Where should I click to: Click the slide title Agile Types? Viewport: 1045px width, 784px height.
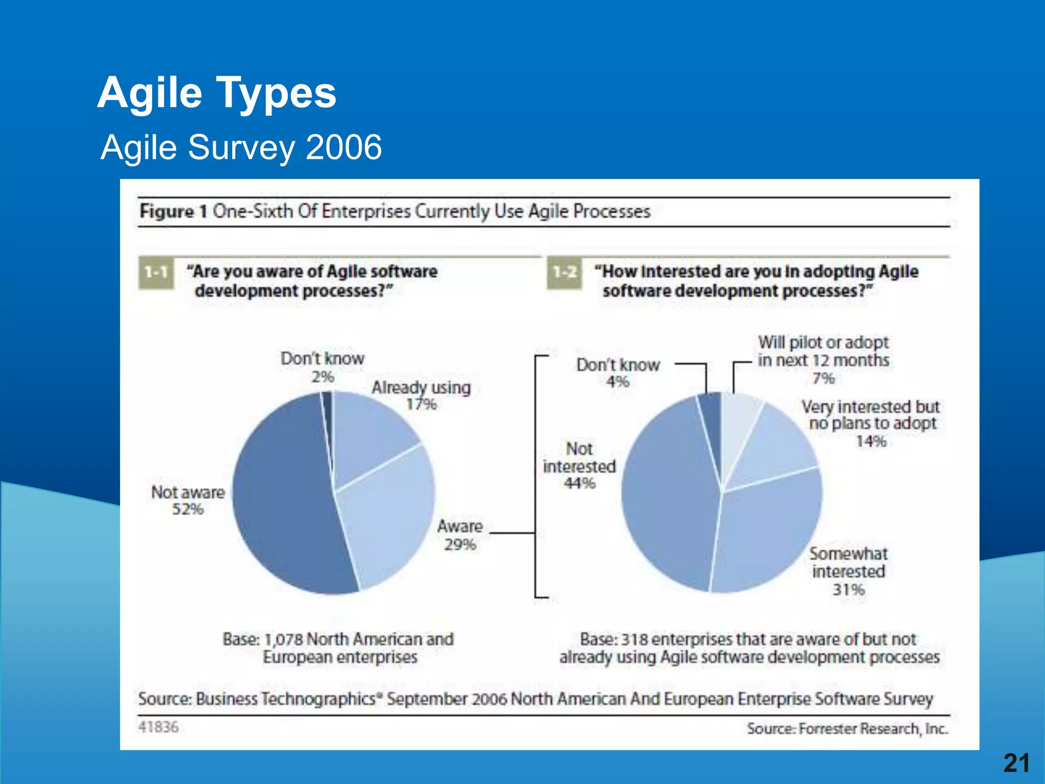tap(217, 93)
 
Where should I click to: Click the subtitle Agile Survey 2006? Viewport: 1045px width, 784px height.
tap(241, 148)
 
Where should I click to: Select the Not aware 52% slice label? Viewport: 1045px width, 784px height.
tap(188, 501)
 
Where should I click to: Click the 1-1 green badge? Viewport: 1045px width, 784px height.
tap(156, 272)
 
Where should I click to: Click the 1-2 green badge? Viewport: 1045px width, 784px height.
tap(564, 272)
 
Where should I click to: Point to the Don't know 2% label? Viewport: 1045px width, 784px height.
tap(322, 367)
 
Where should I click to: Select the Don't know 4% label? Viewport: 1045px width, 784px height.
tap(618, 373)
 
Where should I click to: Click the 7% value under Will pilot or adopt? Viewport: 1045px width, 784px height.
tap(823, 378)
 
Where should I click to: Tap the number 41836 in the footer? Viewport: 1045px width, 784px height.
tap(158, 727)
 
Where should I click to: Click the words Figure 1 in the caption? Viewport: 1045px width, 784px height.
tap(173, 211)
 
